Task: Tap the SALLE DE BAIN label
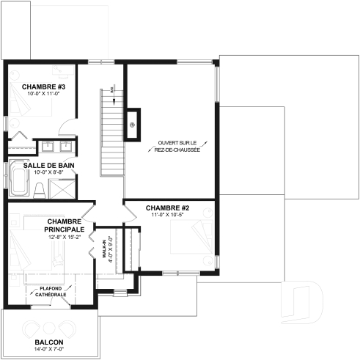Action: (x=48, y=165)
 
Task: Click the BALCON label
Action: (x=48, y=343)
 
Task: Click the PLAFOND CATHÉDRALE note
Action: (x=52, y=291)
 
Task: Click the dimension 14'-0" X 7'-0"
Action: (x=48, y=351)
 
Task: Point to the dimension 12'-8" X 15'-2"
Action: (x=63, y=238)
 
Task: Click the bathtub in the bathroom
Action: (x=18, y=183)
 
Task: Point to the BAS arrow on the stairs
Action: (x=111, y=91)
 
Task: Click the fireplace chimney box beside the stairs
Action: (x=133, y=121)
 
